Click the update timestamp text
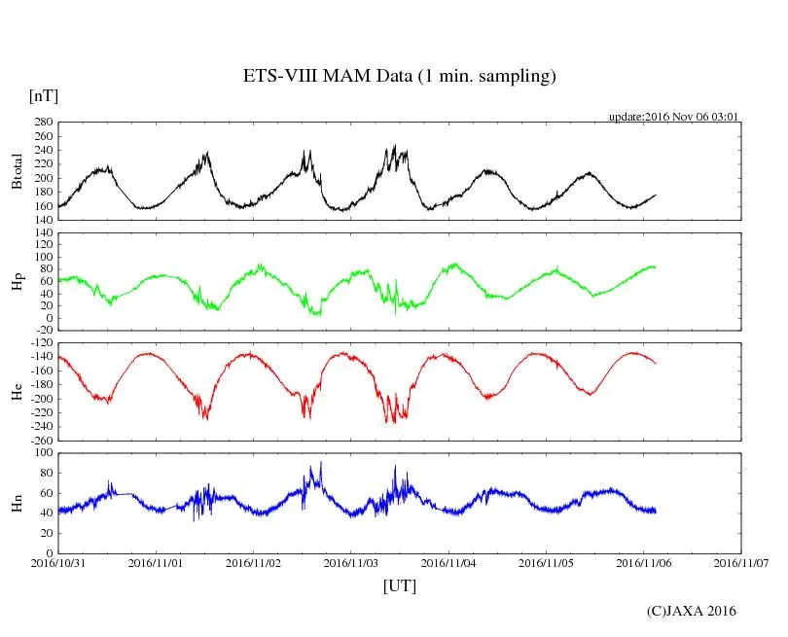coord(674,116)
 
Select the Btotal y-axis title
coord(17,171)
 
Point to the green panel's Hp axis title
coord(17,282)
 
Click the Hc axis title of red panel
coord(17,392)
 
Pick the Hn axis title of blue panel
coord(17,503)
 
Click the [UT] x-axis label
coord(399,585)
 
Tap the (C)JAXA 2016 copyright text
coord(691,611)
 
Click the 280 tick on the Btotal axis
coord(43,123)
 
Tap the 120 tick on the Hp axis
coord(43,233)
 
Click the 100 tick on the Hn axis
coord(43,453)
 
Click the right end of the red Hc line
coord(656,363)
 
